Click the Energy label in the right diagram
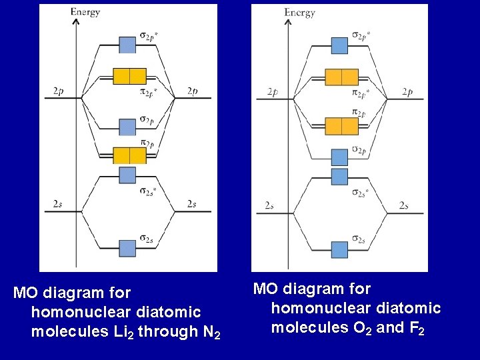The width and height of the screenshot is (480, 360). [x=299, y=12]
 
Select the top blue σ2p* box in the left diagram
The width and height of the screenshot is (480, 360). [x=127, y=45]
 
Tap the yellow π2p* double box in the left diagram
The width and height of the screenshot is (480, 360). [x=129, y=76]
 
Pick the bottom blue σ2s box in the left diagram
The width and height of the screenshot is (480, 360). [x=127, y=248]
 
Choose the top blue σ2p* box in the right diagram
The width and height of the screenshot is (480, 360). [x=340, y=45]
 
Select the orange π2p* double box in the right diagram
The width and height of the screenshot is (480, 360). [x=341, y=77]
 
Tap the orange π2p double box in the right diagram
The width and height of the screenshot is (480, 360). [x=341, y=125]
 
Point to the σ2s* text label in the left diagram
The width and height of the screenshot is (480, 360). [x=149, y=192]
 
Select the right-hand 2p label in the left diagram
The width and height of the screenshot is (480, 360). [x=192, y=91]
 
